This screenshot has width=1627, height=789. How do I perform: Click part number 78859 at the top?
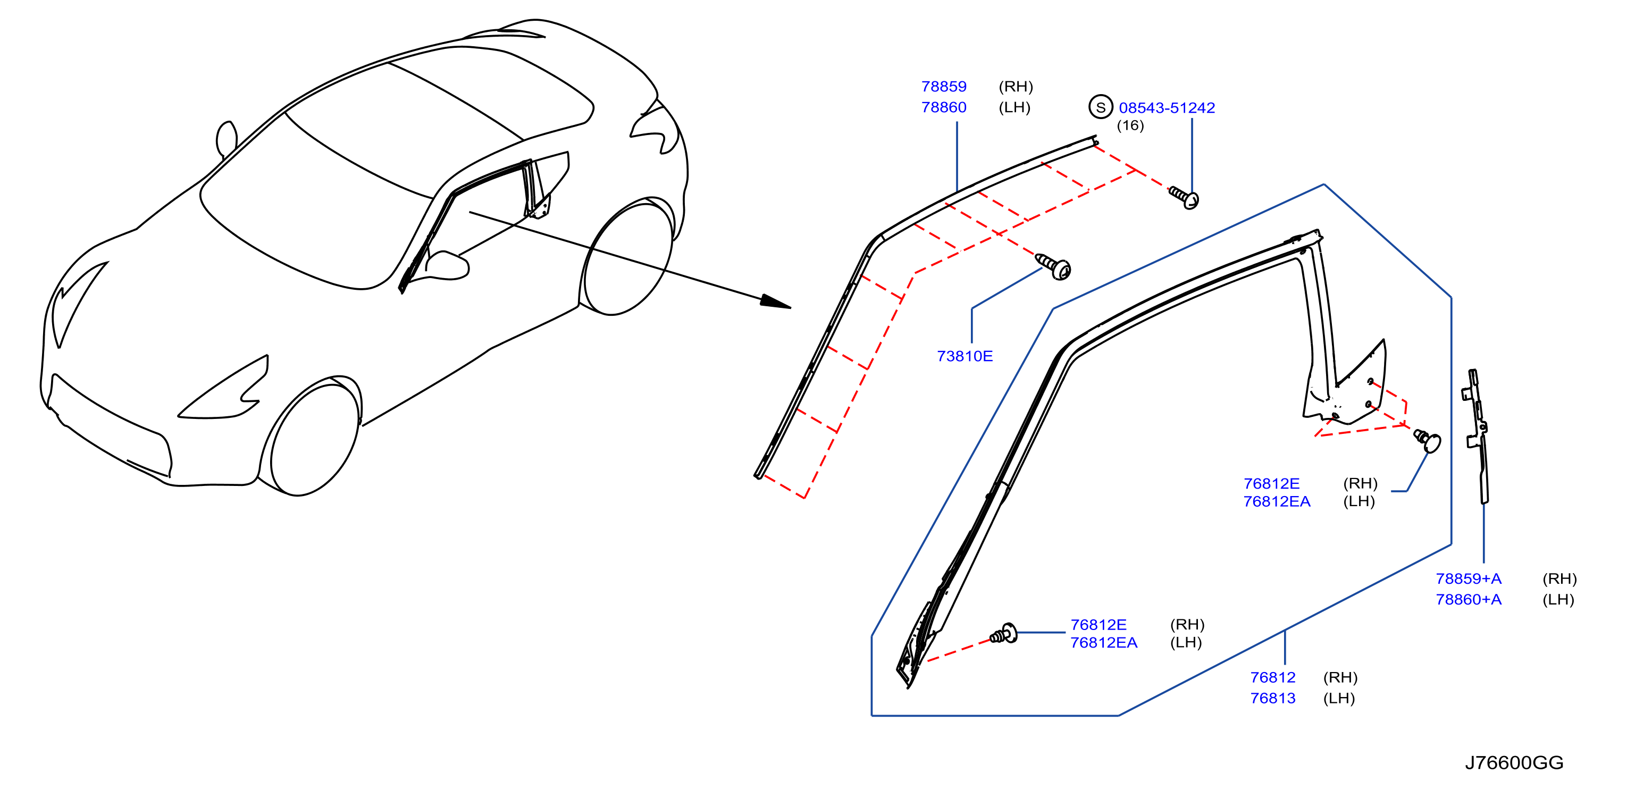[x=944, y=87]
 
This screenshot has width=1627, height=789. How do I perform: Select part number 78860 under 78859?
[x=944, y=107]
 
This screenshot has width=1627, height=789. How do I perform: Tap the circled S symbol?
[x=1101, y=107]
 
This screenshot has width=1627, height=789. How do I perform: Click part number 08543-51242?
[x=1167, y=108]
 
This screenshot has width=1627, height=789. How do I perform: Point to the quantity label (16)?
[x=1130, y=125]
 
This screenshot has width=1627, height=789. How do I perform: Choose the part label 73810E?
[x=965, y=356]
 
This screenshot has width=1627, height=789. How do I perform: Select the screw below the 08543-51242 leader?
[x=1184, y=197]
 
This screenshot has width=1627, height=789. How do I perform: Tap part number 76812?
[x=1273, y=677]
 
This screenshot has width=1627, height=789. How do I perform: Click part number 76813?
[x=1273, y=698]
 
